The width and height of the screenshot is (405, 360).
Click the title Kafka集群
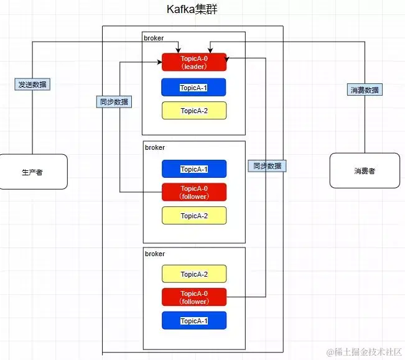pos(192,10)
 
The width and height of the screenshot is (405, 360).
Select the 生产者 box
pos(34,172)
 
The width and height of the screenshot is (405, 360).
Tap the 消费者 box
pos(365,171)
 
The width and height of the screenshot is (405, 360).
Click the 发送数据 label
pos(32,84)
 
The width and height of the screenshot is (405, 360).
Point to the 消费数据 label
pos(364,90)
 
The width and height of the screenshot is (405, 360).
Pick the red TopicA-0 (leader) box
pos(194,62)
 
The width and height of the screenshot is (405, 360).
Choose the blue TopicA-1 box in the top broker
pos(193,87)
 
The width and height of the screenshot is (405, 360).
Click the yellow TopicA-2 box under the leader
pos(193,111)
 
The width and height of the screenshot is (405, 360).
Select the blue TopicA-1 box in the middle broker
pos(194,169)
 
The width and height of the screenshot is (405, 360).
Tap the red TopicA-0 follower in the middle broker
pos(194,192)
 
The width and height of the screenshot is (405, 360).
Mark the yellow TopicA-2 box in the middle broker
pos(194,216)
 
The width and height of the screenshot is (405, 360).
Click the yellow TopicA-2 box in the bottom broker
pos(194,274)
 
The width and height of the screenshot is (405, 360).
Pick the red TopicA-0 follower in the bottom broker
pos(194,297)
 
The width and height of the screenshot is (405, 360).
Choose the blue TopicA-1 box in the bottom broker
pos(194,321)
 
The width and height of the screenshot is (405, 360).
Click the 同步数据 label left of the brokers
pos(114,102)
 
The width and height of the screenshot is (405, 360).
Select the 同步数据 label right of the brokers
pos(267,166)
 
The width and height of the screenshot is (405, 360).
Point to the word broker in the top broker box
pos(153,38)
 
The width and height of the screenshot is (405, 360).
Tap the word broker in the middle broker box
pos(155,147)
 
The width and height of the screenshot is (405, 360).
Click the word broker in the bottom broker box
pos(155,254)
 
